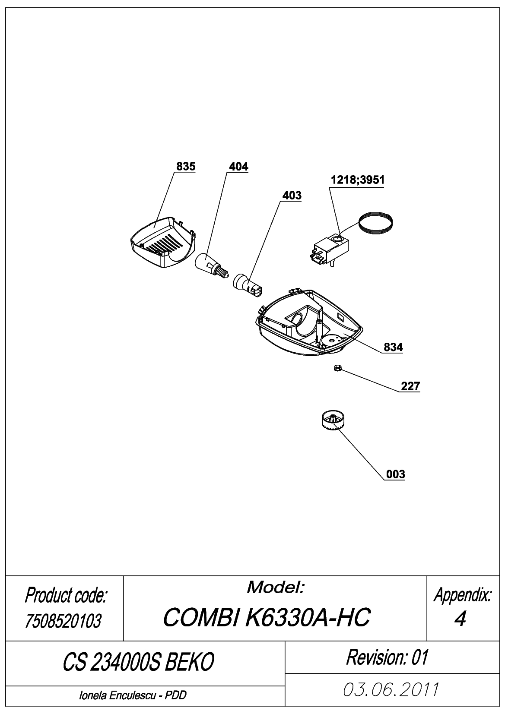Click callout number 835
pos(186,166)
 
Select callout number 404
pos(238,166)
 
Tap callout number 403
pos(292,195)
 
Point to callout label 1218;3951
pos(357,180)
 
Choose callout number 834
pos(393,347)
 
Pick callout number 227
pos(410,386)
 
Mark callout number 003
pos(395,474)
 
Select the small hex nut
pos(338,369)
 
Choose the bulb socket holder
pos(248,284)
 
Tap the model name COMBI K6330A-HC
pos(267,617)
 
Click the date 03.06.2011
pos(391,689)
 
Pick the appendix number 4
pos(460,619)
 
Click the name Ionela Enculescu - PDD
pos(133,695)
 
